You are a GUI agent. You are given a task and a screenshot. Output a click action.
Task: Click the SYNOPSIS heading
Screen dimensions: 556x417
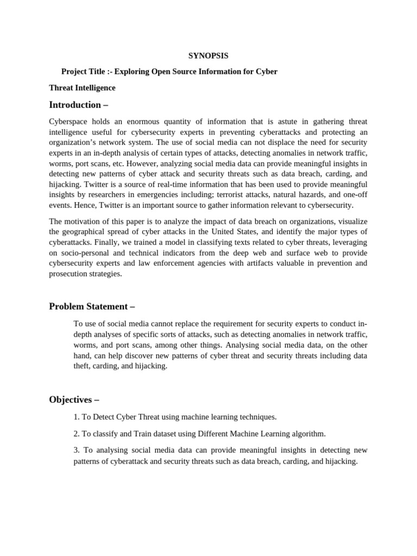208,55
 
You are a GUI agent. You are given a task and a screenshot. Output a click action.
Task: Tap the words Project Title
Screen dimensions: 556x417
84,72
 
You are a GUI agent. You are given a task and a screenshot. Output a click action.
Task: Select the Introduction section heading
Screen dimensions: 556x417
75,105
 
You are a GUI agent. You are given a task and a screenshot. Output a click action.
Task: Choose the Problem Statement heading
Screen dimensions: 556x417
92,307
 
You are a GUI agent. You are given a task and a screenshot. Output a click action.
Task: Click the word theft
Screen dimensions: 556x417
83,366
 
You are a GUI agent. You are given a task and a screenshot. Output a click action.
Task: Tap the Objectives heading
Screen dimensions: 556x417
74,400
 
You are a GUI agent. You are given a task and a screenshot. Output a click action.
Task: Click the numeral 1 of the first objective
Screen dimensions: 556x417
75,417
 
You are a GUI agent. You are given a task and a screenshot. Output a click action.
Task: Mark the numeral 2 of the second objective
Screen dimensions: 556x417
75,434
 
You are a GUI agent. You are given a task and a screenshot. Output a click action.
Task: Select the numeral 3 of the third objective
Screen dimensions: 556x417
75,450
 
